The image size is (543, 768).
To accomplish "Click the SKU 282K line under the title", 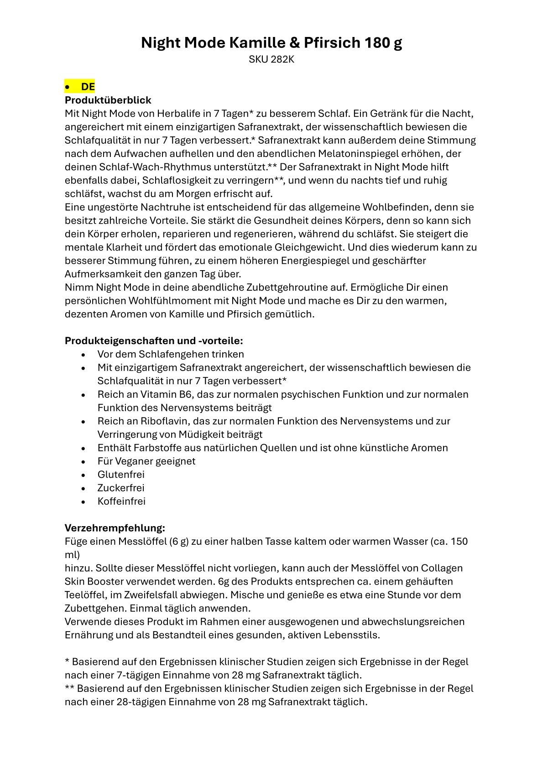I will pos(271,59).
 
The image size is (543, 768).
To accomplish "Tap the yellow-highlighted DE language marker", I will pos(88,86).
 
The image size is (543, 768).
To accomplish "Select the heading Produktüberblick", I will pos(108,100).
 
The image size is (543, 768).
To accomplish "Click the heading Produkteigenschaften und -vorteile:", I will pos(154,341).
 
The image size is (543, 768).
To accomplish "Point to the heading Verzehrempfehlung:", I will pos(115,528).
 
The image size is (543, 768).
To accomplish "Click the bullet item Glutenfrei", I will pos(121,475).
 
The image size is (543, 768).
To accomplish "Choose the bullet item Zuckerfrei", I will pos(121,488).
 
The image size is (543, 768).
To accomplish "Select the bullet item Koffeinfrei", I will pos(121,501).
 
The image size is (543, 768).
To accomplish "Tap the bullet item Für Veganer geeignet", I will pos(146,461).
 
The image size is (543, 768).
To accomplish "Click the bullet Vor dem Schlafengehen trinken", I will pos(171,354).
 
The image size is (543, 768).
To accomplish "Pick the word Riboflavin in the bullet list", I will pos(157,421).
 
